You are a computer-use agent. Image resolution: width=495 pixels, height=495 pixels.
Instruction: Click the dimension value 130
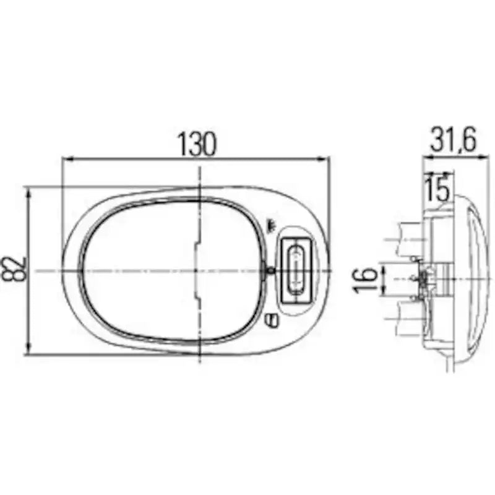[x=197, y=144]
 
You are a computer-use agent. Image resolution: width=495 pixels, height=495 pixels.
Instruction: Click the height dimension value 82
[x=14, y=269]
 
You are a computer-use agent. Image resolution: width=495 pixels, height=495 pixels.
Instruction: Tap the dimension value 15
[x=437, y=189]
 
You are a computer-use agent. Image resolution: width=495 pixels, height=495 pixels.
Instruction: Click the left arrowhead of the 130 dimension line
[x=67, y=160]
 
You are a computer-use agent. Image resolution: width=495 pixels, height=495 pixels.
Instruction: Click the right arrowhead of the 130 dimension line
[x=322, y=160]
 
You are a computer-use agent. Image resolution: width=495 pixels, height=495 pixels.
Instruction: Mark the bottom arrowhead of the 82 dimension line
[x=29, y=348]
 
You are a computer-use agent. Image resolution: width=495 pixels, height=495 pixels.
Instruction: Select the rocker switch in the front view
[x=296, y=270]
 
